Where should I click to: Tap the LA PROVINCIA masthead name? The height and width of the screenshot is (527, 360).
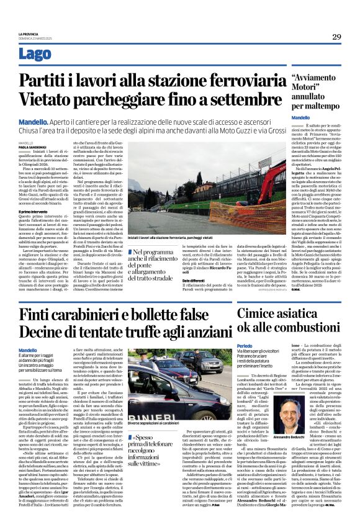tap(29, 34)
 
